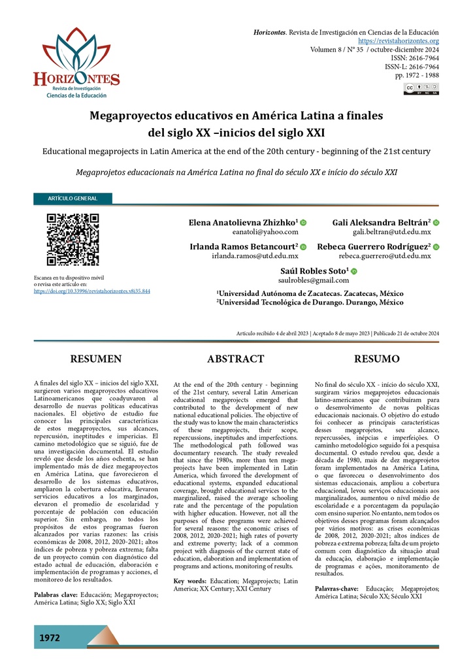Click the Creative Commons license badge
[421, 89]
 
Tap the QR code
[73, 239]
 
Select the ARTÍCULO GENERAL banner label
[73, 199]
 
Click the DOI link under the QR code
[91, 291]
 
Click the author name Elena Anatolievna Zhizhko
[243, 223]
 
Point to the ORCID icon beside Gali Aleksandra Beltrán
[436, 223]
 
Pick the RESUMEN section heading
[96, 359]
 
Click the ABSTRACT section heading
[235, 359]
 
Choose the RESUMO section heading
[376, 359]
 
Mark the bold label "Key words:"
[190, 581]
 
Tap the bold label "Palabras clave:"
[55, 595]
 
